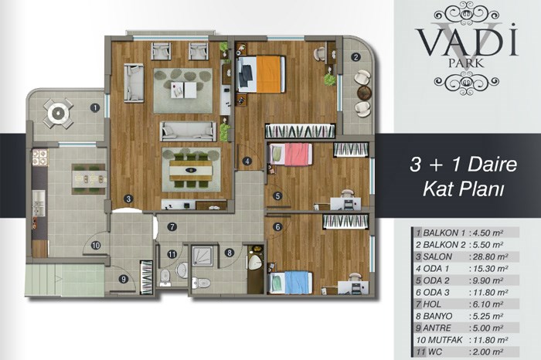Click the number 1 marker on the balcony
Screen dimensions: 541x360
[95, 107]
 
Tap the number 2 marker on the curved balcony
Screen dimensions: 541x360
[356, 57]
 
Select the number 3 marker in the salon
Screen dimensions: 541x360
[128, 199]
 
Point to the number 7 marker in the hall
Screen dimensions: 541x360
[172, 226]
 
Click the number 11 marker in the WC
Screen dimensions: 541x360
[172, 254]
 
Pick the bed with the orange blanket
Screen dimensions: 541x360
[261, 74]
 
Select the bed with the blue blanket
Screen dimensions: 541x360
[291, 283]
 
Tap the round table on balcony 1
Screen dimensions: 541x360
[58, 113]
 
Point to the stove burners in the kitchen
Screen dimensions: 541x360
[40, 157]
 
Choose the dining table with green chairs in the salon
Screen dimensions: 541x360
[191, 171]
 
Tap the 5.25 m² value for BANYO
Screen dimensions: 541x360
[487, 316]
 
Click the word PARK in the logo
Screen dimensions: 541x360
[466, 63]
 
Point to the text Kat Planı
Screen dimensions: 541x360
[464, 188]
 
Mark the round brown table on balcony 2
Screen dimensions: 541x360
[364, 93]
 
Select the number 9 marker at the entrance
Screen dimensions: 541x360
[123, 279]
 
